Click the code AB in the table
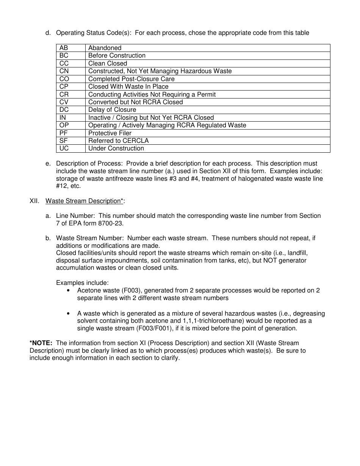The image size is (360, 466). [64, 48]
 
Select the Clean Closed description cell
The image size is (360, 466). [108, 63]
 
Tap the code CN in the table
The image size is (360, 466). [64, 71]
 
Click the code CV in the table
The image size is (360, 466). [64, 102]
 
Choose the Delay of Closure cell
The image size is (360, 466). [112, 110]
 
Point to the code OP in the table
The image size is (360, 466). [64, 125]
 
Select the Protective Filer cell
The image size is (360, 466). [110, 133]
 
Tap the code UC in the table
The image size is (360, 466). [64, 148]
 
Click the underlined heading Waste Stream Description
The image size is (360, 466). [85, 201]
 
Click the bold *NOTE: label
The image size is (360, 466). [41, 343]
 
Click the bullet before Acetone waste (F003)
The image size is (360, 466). [68, 291]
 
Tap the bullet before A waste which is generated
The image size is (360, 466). [68, 314]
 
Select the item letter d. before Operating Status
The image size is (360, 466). [48, 33]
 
